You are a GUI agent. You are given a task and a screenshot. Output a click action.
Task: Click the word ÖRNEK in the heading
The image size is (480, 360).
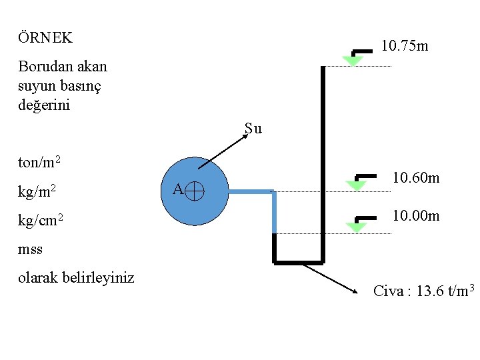[x=45, y=38]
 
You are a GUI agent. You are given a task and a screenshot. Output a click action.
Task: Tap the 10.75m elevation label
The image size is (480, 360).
[x=404, y=47]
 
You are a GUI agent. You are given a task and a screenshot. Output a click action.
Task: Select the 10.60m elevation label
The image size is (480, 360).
[x=415, y=178]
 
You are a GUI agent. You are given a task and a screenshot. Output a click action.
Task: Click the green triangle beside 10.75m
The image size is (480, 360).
[x=352, y=61]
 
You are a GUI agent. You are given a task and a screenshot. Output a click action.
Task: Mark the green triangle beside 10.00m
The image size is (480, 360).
[x=357, y=227]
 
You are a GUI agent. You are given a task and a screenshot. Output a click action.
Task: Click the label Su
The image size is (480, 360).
[x=253, y=129]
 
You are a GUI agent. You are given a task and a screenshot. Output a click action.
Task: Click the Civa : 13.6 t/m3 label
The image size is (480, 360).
[x=423, y=291]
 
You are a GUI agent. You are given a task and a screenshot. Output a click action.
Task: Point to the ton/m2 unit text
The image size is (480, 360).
[x=41, y=162]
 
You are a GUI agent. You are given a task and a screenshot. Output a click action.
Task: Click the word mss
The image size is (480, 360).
[x=31, y=249]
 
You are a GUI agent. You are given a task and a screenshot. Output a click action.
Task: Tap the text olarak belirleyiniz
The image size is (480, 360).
[x=76, y=277]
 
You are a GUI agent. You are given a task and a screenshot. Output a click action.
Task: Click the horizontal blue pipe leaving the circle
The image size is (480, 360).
[x=250, y=191]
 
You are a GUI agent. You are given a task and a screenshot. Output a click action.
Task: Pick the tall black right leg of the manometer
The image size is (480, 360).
[x=323, y=160]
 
